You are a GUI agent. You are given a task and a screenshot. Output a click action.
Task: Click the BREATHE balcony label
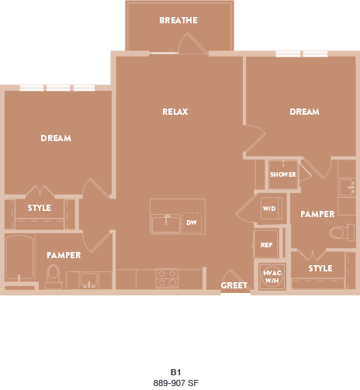(x=178, y=20)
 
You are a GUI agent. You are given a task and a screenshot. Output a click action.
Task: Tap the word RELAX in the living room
(x=175, y=112)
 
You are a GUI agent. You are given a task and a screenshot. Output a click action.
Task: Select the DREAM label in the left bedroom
(x=56, y=138)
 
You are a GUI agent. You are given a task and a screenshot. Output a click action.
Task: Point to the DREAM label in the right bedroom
(x=304, y=112)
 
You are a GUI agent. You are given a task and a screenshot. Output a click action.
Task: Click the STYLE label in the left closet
(x=39, y=208)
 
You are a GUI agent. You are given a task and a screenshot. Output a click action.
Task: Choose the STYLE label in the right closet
(x=320, y=268)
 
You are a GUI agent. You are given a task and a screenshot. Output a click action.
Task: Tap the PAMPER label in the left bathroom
(x=64, y=254)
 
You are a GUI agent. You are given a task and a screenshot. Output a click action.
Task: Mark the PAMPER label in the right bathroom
(x=317, y=214)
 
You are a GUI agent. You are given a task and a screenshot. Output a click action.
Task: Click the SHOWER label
(x=283, y=174)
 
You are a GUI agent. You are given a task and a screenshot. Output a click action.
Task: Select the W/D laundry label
(x=269, y=209)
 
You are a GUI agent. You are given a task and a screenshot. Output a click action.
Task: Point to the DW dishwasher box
(x=191, y=223)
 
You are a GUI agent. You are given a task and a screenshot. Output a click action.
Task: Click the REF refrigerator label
(x=266, y=245)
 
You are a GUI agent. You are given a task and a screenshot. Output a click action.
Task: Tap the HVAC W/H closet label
(x=272, y=277)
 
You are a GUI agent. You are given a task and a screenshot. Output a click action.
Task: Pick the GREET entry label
(x=234, y=285)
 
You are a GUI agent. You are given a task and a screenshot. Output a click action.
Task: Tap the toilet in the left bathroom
(x=53, y=274)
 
